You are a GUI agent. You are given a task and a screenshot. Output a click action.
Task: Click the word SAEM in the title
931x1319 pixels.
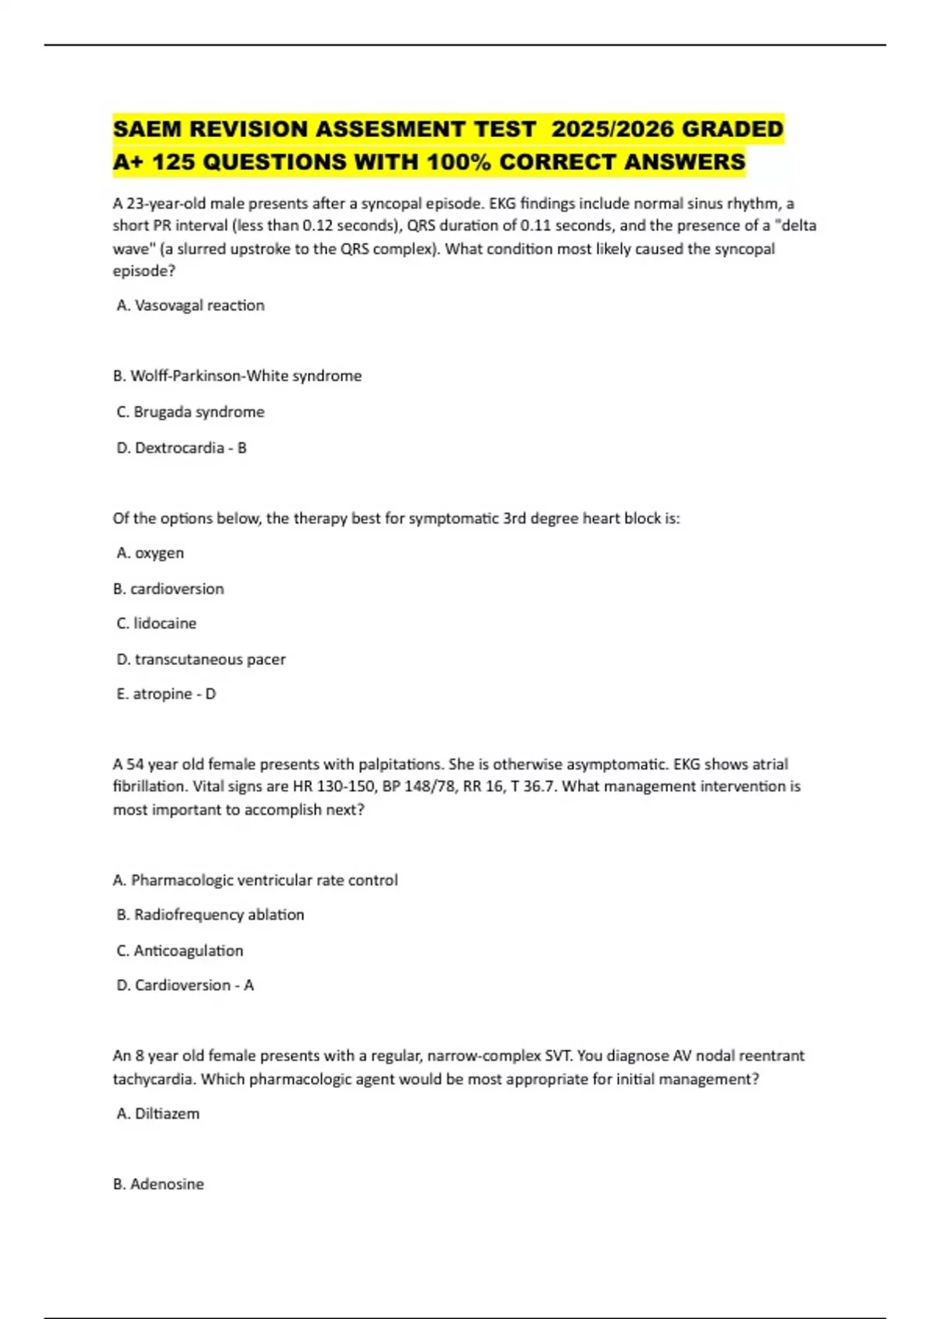coord(147,129)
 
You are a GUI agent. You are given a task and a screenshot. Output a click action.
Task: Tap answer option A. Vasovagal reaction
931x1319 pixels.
coord(190,306)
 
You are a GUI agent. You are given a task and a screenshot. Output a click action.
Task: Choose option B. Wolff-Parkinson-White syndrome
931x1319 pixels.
coord(237,376)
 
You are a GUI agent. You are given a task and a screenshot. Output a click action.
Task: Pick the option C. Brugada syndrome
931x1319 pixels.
coord(190,412)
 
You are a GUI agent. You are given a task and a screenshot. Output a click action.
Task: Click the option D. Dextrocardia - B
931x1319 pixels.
coord(181,448)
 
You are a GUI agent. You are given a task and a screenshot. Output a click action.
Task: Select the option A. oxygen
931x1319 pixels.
coord(150,553)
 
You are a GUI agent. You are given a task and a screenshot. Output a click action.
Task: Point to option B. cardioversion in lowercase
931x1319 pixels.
coord(168,589)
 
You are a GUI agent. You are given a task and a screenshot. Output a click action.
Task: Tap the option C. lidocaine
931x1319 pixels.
coord(156,624)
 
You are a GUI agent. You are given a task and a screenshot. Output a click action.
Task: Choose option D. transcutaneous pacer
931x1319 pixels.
coord(201,659)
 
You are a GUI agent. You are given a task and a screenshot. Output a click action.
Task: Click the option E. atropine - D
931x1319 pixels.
coord(166,694)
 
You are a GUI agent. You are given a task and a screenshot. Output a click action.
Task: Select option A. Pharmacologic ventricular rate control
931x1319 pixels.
coord(255,881)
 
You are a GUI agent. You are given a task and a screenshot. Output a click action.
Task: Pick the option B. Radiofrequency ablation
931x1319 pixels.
coord(210,916)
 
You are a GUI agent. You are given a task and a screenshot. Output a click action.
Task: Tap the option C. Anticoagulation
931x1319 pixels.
coord(179,951)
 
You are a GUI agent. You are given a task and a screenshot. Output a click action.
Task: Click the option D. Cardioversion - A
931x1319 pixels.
coord(185,985)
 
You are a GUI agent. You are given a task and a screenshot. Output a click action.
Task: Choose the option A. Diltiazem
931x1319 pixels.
coord(157,1114)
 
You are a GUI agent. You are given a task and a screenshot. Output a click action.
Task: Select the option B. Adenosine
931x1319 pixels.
coord(158,1185)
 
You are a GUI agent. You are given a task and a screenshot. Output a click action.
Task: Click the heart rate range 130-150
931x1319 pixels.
coord(343,787)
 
